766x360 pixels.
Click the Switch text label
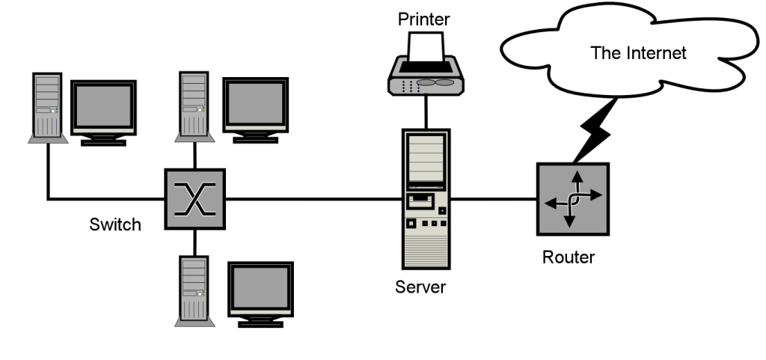(x=115, y=225)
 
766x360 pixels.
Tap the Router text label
(x=569, y=258)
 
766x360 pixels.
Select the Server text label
(x=420, y=287)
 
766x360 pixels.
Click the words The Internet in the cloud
(x=638, y=53)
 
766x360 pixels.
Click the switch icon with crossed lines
(x=194, y=198)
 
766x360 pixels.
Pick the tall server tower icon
(x=425, y=199)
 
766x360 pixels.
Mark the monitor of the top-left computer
(x=103, y=108)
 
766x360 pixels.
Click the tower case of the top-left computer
(x=46, y=107)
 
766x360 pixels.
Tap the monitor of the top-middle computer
(x=257, y=104)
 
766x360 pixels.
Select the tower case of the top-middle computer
(x=193, y=106)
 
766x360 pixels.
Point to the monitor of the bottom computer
(x=260, y=290)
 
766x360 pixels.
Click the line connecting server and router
(x=494, y=199)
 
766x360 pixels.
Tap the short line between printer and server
(x=426, y=111)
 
